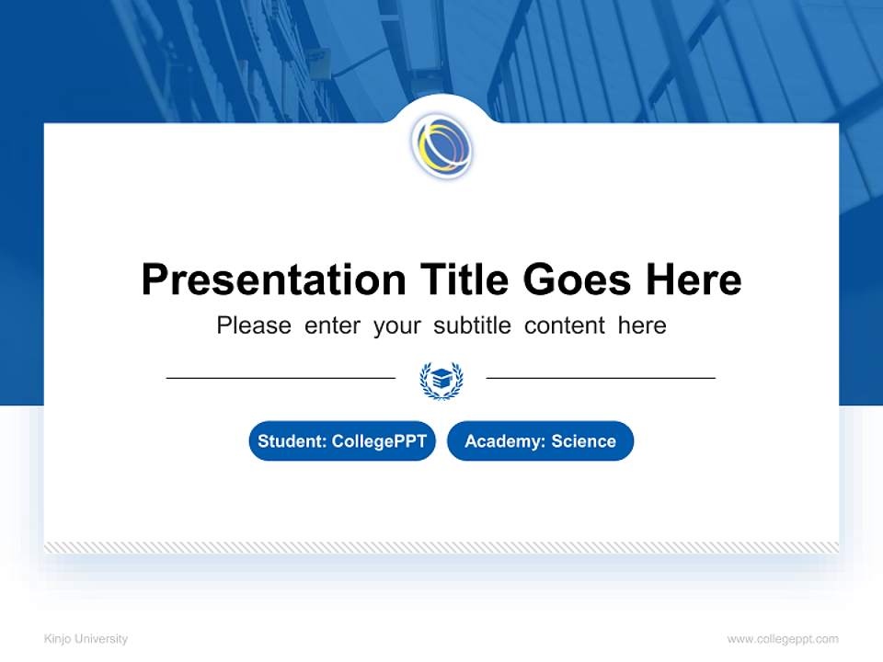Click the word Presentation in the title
pos(273,280)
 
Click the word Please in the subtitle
pos(254,325)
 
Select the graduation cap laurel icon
pos(441,380)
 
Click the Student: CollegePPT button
pos(342,441)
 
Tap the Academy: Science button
pos(540,441)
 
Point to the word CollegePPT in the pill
pos(378,441)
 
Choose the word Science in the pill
pos(583,441)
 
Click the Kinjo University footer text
pos(86,639)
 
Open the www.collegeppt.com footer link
pos(783,639)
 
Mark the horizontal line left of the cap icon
pos(281,378)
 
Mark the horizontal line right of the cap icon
pos(601,378)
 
